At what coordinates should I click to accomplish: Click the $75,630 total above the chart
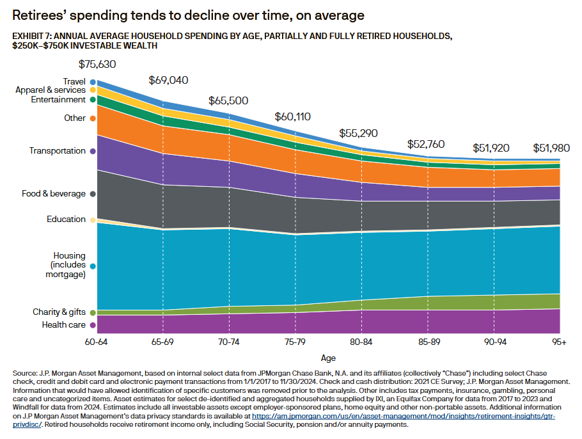(97, 64)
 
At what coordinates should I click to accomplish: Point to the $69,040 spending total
(168, 80)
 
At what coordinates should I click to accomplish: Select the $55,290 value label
(358, 133)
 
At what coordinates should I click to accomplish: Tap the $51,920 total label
(491, 148)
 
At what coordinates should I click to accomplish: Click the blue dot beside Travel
(93, 82)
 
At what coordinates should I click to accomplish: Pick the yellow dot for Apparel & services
(93, 90)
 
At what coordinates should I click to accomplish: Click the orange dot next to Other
(93, 118)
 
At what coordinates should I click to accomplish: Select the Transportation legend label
(58, 151)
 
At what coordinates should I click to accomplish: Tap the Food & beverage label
(54, 193)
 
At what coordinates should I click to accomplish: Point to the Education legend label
(66, 219)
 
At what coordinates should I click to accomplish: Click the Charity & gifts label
(59, 312)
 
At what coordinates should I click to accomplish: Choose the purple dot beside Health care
(93, 325)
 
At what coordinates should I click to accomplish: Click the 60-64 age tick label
(96, 342)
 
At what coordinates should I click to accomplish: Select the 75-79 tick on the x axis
(295, 342)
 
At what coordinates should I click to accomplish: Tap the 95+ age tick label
(559, 342)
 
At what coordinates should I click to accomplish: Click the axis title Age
(328, 358)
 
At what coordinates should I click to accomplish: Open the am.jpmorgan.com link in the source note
(404, 417)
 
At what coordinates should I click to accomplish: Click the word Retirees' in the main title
(39, 15)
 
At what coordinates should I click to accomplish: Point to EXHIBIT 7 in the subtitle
(32, 36)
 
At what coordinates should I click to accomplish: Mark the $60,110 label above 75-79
(292, 117)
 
